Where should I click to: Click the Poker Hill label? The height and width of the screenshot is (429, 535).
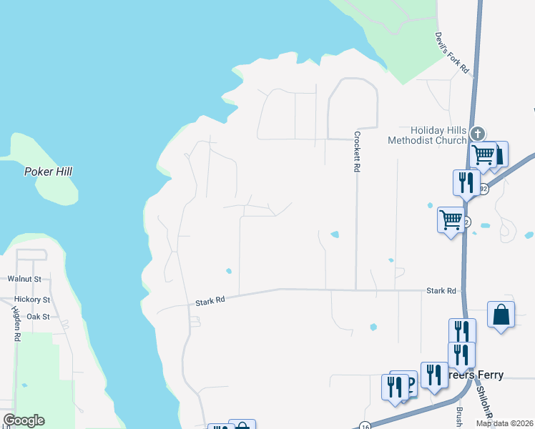pos(48,172)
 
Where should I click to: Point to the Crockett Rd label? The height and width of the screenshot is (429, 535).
pos(355,152)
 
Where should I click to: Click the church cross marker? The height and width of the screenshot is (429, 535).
pos(478,133)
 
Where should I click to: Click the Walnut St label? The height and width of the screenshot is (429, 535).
pos(24,279)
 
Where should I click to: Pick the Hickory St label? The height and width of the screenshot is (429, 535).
pos(31,300)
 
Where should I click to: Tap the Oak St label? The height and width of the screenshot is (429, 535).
pos(37,316)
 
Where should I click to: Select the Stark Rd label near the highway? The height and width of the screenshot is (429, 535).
pos(441,291)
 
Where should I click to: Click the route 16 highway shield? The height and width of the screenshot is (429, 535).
pos(365,425)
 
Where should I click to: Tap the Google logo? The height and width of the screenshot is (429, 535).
pos(24,420)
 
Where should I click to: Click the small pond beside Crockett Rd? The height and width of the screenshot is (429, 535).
pos(335,235)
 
